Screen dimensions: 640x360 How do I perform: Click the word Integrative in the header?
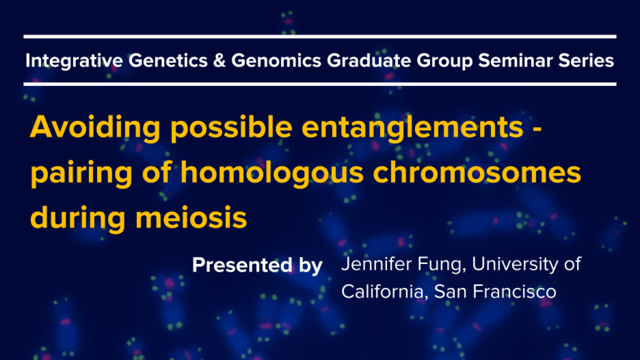[x=74, y=61]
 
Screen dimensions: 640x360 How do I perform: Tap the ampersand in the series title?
[x=219, y=60]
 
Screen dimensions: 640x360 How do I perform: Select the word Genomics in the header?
[x=276, y=60]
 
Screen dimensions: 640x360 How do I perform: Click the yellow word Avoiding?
[x=95, y=127]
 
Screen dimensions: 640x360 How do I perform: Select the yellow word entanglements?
[x=412, y=127]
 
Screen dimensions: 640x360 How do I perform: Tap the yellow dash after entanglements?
[x=537, y=129]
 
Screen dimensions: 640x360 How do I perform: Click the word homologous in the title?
[x=272, y=172]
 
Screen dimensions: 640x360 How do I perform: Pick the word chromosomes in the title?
[x=477, y=172]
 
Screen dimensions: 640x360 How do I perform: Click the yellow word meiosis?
[x=191, y=217]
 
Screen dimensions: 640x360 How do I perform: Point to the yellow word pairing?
[x=81, y=173]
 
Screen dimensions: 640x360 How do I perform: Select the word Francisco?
[x=514, y=291]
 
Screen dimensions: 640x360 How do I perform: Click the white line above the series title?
[x=320, y=36]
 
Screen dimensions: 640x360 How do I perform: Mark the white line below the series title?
[x=320, y=84]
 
